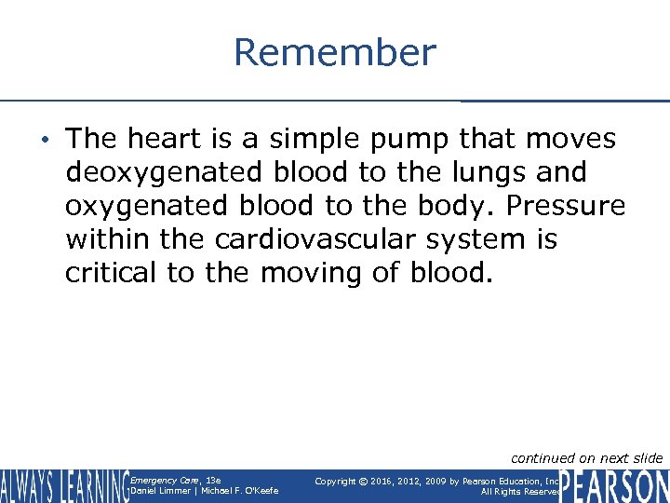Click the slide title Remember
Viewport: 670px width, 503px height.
[x=334, y=52]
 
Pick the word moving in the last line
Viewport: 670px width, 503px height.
[x=314, y=274]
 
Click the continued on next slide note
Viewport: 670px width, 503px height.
[x=586, y=457]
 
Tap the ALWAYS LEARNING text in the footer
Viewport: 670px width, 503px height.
[x=65, y=485]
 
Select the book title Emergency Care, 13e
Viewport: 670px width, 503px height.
[x=176, y=480]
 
